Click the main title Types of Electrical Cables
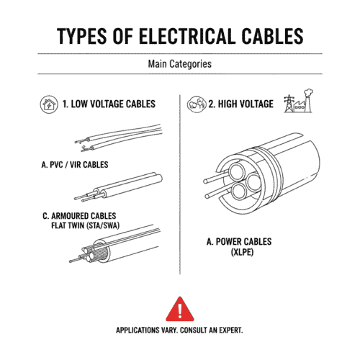[x=179, y=36]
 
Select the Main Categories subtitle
[x=179, y=63]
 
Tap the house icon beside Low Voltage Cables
[x=48, y=104]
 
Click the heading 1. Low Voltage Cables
[x=108, y=104]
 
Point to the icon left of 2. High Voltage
[x=195, y=104]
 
